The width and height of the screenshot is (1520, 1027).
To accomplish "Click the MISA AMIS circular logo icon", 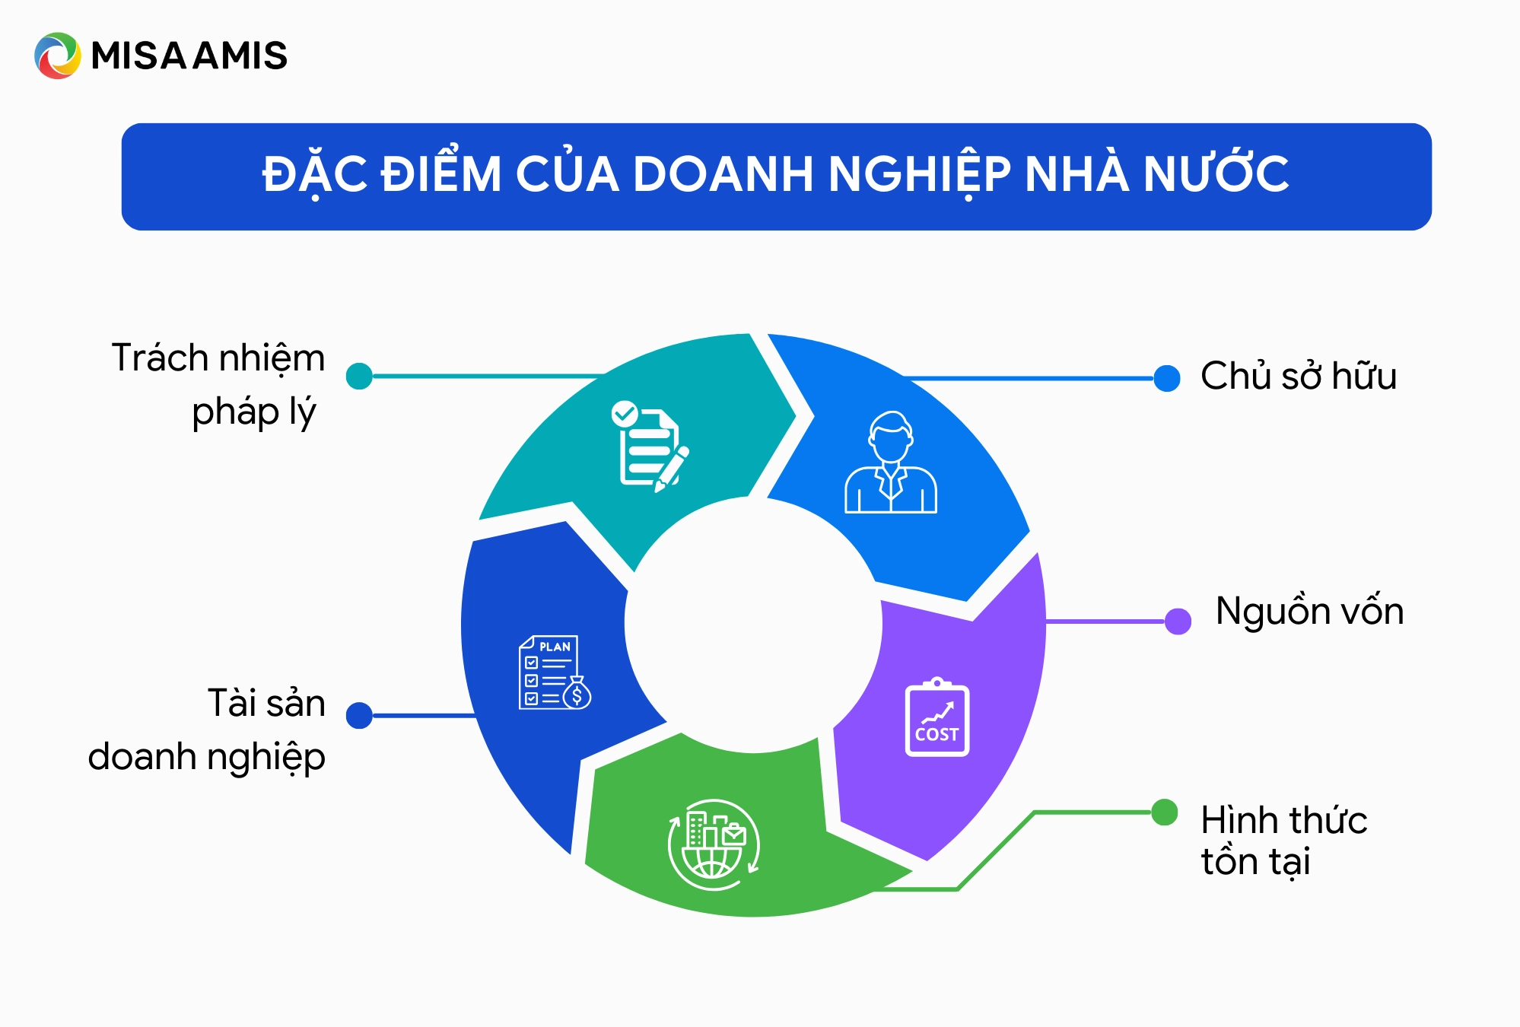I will pos(57,56).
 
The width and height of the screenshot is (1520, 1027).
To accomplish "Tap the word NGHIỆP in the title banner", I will pos(919,174).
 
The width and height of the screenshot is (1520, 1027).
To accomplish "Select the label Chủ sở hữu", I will pos(1298,376).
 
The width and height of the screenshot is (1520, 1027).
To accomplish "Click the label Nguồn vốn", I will pos(1309,612).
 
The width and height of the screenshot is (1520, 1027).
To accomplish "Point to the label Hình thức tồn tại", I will pos(1283,841).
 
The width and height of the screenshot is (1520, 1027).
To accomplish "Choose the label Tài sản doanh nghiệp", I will pos(207,730).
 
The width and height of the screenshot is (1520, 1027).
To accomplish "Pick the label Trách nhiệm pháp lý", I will pos(219,384).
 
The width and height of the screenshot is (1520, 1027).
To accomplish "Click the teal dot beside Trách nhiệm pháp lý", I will pos(359,376).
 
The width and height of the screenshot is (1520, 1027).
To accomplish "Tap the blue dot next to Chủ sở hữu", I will pos(1166,378).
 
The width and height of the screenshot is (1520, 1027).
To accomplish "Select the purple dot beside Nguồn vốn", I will pos(1178,621).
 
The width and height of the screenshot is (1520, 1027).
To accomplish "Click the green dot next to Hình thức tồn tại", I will pos(1164,812).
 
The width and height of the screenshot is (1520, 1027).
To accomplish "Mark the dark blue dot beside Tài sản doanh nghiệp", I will pos(359,715).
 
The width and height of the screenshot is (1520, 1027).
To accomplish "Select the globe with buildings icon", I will pos(714,844).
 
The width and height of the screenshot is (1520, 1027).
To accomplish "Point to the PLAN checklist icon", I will pos(554,672).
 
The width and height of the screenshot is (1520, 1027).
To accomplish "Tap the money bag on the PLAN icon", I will pos(577,693).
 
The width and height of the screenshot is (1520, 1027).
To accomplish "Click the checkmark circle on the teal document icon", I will pos(625,414).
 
